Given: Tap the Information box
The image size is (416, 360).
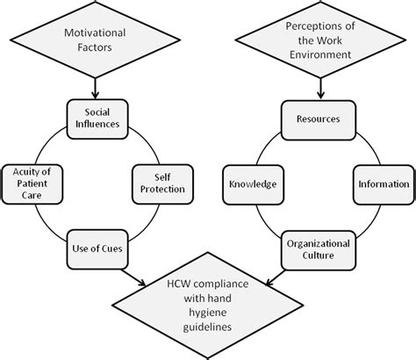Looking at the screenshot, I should click(x=382, y=184).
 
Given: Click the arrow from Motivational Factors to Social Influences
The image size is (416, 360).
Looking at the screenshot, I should click(x=95, y=85).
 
